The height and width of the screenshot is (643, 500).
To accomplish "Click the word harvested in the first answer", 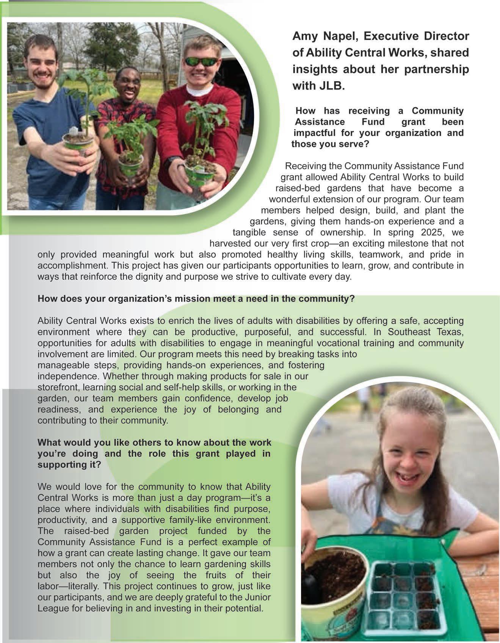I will click(230, 243).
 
